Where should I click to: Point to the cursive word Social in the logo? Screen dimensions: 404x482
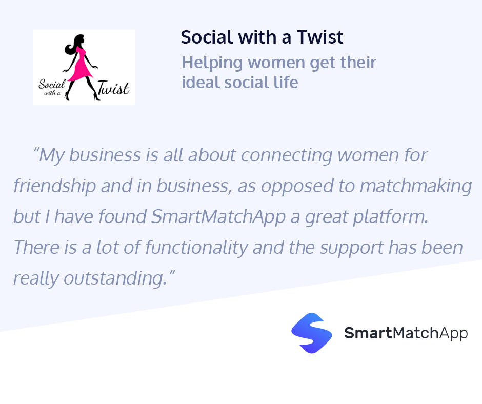[x=51, y=84]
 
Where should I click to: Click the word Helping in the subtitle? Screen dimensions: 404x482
[x=212, y=63]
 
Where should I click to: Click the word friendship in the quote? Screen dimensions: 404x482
[x=54, y=186]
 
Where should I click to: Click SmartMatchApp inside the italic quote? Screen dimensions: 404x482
[x=218, y=217]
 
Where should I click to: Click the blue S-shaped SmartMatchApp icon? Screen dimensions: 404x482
[x=311, y=333]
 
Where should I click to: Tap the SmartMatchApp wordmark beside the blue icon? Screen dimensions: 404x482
[x=406, y=333]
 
